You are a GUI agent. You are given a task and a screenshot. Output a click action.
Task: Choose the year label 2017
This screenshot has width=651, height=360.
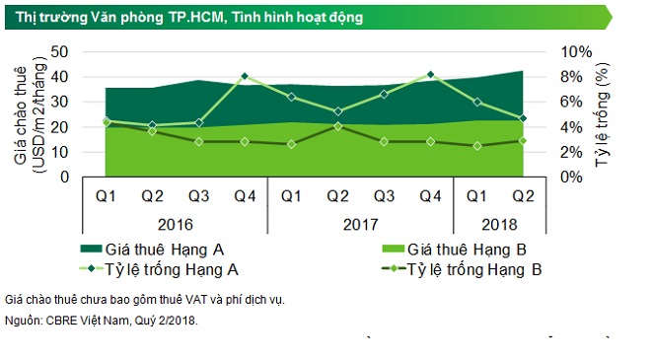pyautogui.click(x=360, y=224)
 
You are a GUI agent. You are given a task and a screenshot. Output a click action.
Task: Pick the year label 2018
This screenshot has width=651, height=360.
pyautogui.click(x=500, y=224)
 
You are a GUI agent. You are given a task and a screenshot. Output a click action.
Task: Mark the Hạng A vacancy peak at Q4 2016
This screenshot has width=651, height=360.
pyautogui.click(x=244, y=76)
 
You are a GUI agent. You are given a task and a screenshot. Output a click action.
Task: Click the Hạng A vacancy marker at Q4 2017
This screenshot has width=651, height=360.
pyautogui.click(x=430, y=74)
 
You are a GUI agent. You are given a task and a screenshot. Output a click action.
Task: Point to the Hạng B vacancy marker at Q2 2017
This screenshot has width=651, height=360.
pyautogui.click(x=337, y=126)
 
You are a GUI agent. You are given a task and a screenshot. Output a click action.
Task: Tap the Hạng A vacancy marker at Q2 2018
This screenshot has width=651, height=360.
pyautogui.click(x=523, y=118)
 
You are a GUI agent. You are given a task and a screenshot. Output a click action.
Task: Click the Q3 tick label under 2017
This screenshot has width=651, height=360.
pyautogui.click(x=384, y=195)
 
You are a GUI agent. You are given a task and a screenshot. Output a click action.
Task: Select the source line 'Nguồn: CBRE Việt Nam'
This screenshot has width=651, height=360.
pyautogui.click(x=102, y=320)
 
